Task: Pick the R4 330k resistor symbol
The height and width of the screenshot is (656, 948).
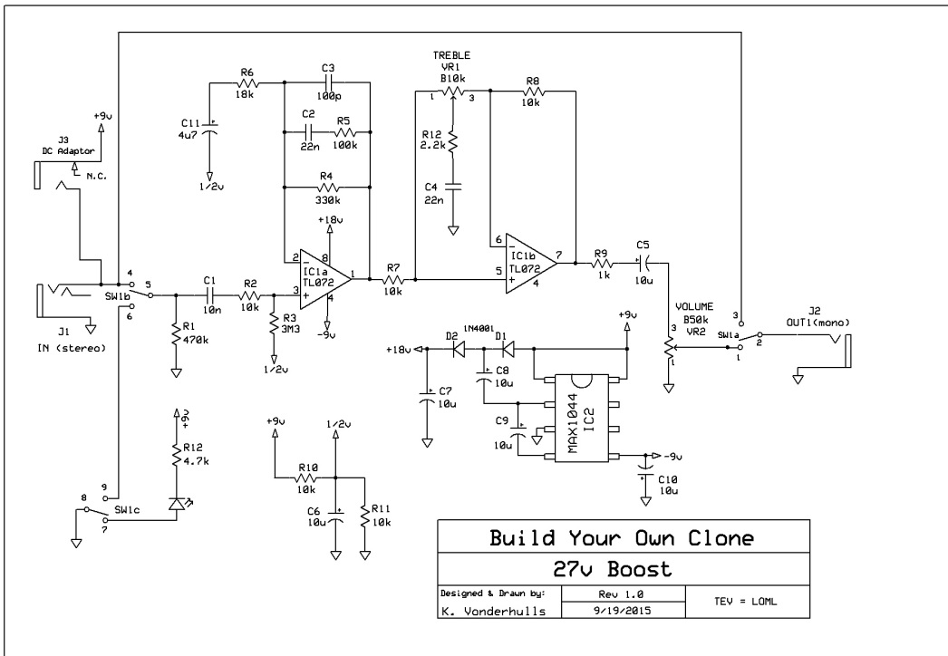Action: pyautogui.click(x=328, y=188)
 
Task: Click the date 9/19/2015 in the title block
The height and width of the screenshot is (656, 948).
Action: pyautogui.click(x=606, y=611)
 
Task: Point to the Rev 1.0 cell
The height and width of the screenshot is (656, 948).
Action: pyautogui.click(x=606, y=593)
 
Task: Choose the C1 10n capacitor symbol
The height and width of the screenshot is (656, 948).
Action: pyautogui.click(x=208, y=294)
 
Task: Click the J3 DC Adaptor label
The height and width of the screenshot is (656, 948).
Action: pyautogui.click(x=64, y=146)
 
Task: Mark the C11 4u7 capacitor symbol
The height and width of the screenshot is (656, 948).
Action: pyautogui.click(x=209, y=131)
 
